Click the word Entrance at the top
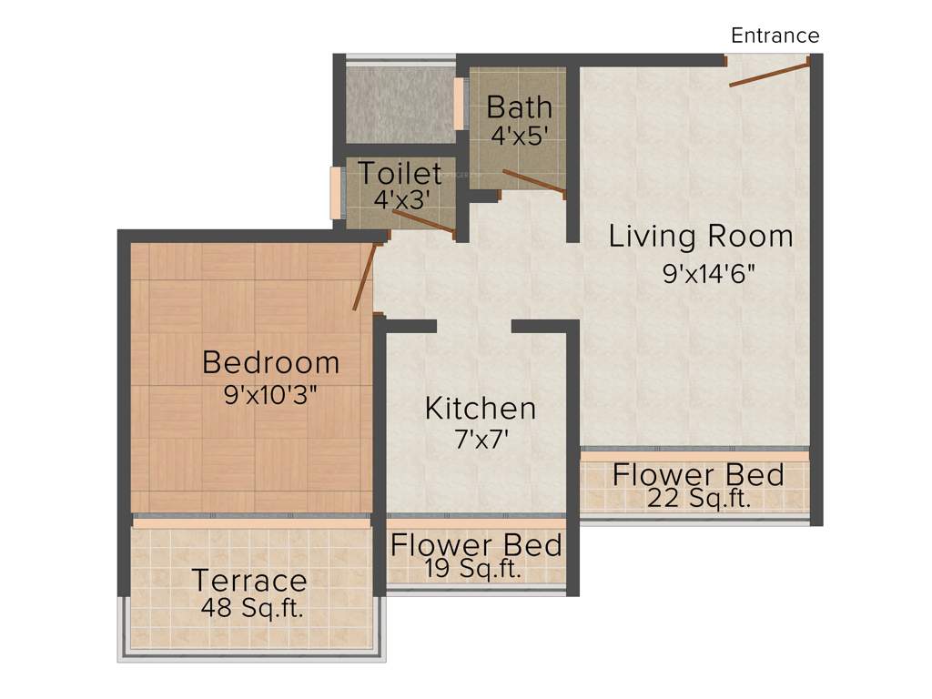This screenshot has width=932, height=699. point(775,35)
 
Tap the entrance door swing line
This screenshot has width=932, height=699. point(769,74)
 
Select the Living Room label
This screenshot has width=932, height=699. point(701,237)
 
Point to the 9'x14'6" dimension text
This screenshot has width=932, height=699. point(710,274)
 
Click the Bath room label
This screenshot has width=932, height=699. point(519,107)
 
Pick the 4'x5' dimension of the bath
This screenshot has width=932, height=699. point(519,137)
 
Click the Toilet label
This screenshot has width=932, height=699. point(399,173)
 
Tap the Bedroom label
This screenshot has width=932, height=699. point(270,362)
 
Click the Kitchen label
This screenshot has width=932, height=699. point(480,409)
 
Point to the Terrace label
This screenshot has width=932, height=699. point(248,580)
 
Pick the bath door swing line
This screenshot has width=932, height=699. point(533,181)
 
